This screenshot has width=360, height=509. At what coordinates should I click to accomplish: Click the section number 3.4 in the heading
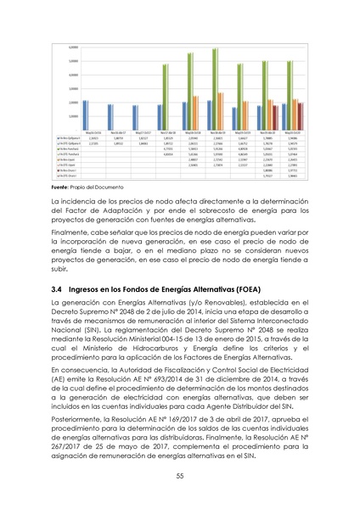coord(57,289)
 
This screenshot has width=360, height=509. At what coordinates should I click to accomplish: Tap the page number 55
coord(180,475)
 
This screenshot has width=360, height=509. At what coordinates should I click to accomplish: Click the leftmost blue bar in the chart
coord(84,115)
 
